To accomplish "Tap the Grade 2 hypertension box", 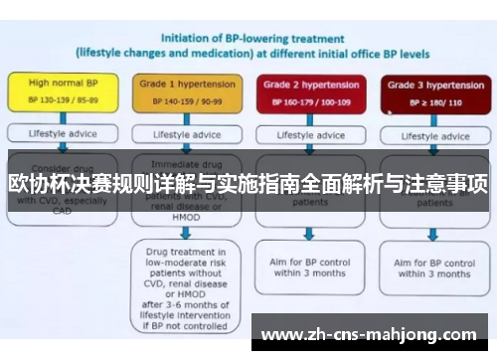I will [308, 92].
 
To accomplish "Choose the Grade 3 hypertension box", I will [430, 92].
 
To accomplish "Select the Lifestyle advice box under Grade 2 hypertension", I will [308, 134].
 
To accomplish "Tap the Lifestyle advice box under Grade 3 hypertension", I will [430, 134].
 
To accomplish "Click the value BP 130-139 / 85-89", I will [62, 101].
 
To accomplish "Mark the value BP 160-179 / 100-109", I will [308, 101].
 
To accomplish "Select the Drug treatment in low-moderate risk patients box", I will [187, 278].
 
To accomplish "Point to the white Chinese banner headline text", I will [248, 183].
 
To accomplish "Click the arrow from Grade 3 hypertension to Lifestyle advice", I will [430, 117].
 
